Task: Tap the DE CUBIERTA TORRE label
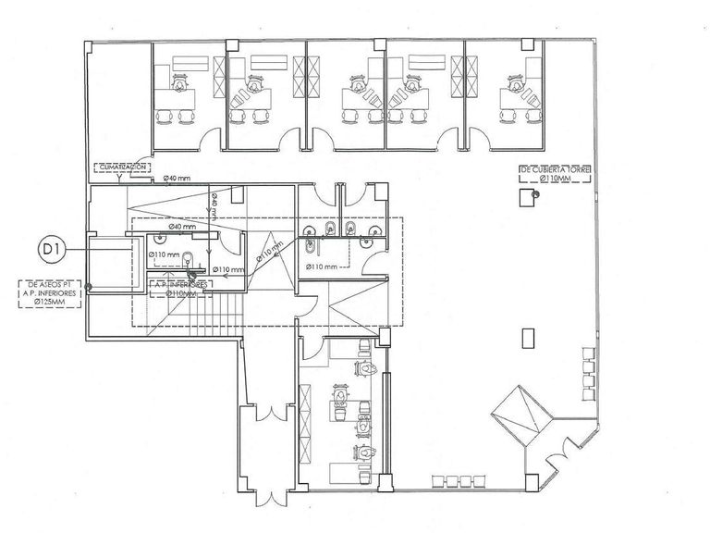coord(555,172)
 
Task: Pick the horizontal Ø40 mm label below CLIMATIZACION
coord(177,178)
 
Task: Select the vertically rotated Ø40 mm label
coord(214,205)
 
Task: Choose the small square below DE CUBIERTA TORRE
coord(526,196)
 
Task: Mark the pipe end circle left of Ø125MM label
coord(90,288)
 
